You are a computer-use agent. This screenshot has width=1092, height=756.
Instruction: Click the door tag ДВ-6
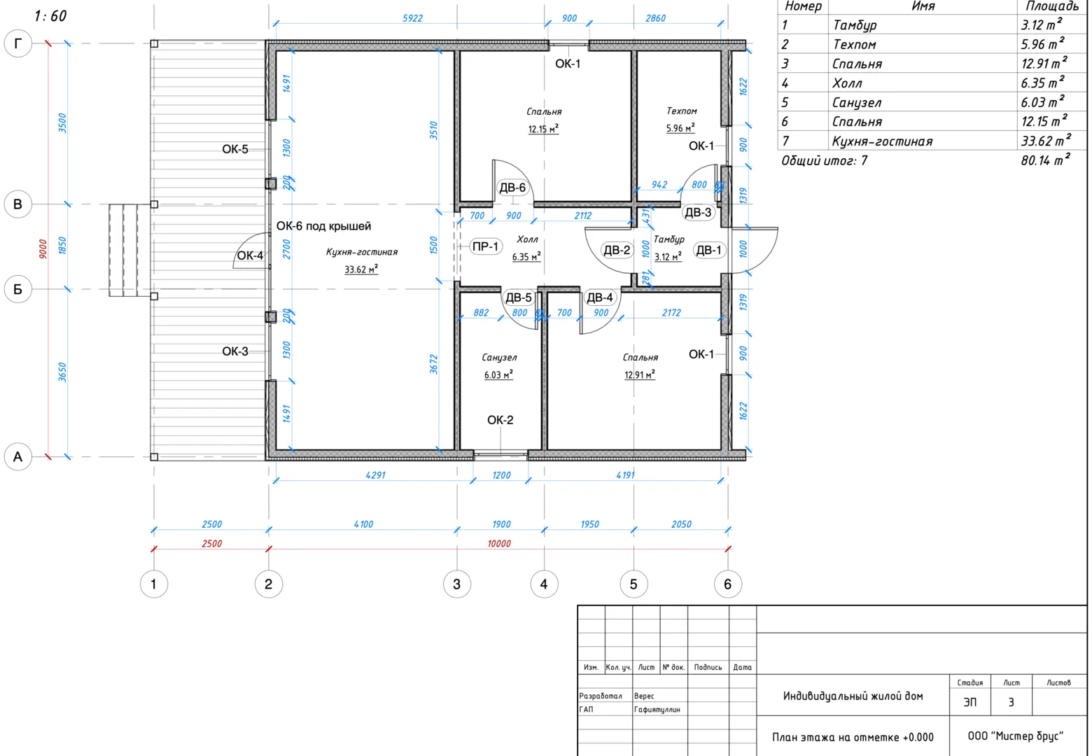tap(512, 188)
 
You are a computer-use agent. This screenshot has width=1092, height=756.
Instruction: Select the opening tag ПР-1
tap(485, 246)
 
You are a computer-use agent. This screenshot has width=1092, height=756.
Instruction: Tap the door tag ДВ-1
tap(708, 250)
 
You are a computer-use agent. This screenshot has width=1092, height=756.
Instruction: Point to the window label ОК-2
tap(500, 420)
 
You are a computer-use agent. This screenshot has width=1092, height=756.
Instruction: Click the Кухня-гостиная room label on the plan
tap(362, 252)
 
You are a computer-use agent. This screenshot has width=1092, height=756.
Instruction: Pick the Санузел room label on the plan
tap(499, 358)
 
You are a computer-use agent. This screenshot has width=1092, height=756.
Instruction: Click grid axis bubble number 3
tap(457, 584)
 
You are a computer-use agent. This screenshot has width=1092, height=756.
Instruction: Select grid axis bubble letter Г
tap(18, 44)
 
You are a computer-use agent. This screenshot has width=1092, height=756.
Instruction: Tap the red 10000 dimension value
tap(499, 543)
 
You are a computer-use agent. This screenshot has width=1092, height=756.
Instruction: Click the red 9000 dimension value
tap(43, 249)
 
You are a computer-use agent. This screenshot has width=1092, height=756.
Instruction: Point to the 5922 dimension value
tap(412, 18)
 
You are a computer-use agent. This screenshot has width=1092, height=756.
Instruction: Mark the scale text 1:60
tap(50, 16)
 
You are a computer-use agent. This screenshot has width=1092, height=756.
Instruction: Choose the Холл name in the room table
tap(847, 83)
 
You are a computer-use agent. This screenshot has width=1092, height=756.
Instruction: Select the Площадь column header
tap(1052, 6)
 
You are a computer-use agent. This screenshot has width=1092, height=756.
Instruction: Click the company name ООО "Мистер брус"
tap(1015, 736)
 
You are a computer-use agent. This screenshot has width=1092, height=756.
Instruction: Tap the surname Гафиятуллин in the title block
tap(657, 710)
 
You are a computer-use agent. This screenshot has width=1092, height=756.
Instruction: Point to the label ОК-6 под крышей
tap(323, 226)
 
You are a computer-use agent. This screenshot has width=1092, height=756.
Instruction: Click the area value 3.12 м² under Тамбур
tap(668, 257)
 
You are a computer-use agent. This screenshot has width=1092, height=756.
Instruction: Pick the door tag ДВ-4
tap(600, 297)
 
